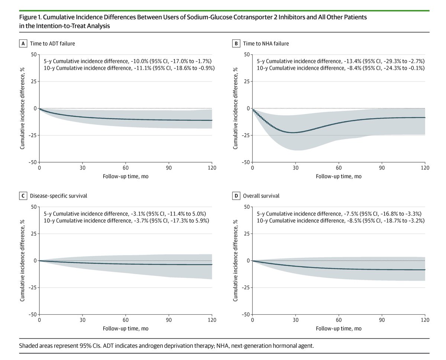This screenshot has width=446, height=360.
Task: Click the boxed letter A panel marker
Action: click(23, 44)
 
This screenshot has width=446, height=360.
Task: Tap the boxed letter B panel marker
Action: click(236, 44)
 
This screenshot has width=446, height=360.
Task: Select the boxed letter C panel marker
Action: click(23, 196)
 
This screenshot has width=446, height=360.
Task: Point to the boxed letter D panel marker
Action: click(236, 196)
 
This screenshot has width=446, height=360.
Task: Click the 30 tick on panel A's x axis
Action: click(83, 168)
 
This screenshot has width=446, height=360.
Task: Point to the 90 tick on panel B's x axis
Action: click(382, 168)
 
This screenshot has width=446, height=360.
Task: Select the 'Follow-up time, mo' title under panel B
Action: click(338, 176)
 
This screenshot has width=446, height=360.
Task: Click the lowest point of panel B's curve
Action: click(293, 132)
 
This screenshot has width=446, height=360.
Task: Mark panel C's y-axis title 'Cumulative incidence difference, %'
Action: click(23, 260)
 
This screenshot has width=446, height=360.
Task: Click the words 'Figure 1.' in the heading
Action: click(31, 17)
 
